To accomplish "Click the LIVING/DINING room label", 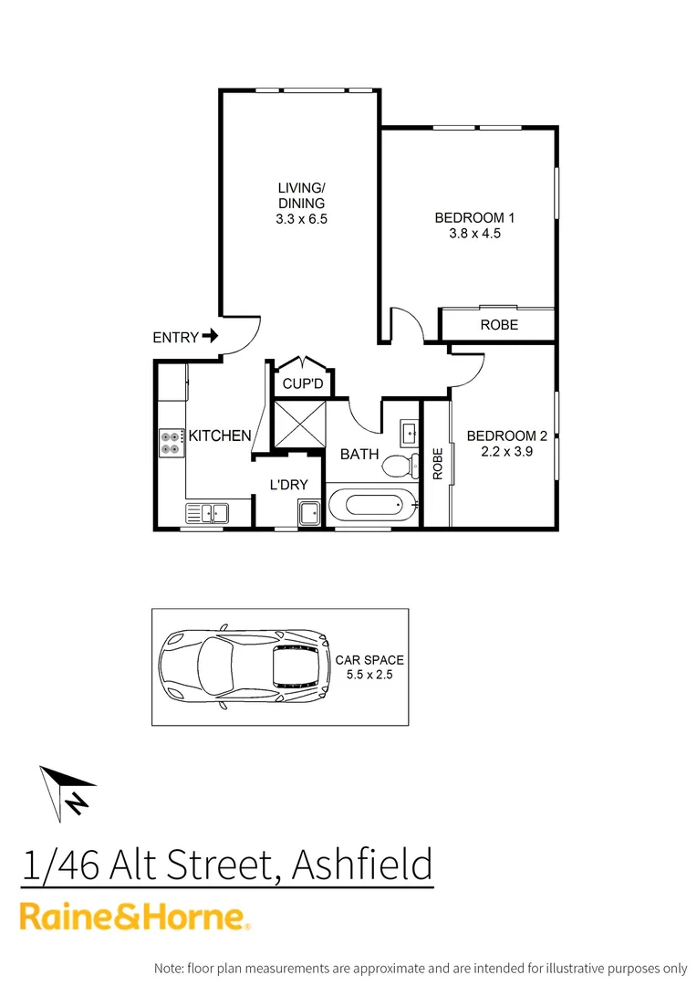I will point(301,195).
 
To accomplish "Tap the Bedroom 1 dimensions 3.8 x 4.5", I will point(474,233).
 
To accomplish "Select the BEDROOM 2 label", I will point(506,436).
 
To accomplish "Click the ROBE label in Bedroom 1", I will point(498,325).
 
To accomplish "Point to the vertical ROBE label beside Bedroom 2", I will point(438,464).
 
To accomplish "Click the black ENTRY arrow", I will point(211,337).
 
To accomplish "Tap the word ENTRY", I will point(175,338).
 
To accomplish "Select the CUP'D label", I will point(303,384).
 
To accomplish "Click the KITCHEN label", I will point(220,436).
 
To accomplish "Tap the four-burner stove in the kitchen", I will point(171,443).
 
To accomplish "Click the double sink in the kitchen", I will point(207,513).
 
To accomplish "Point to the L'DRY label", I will point(288,485).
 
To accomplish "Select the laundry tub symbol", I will point(308,513).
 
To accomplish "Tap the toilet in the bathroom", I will point(399,467).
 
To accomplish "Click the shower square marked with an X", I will point(299,425).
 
